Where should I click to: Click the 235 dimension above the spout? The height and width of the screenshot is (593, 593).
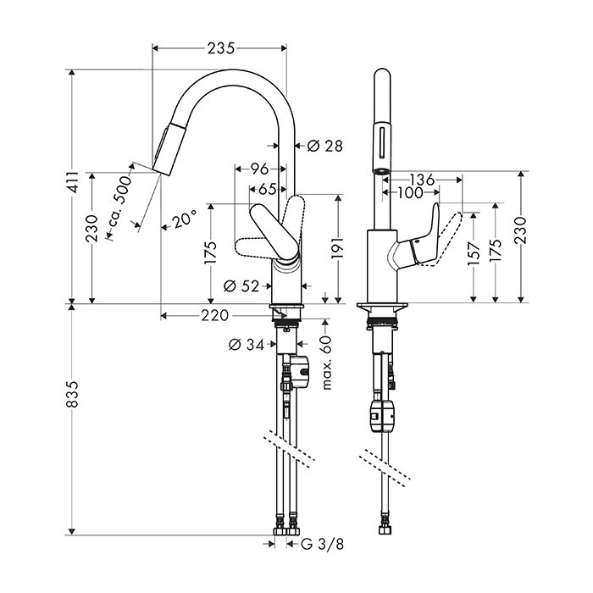coord(219,48)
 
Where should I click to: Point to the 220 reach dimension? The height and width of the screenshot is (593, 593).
coord(215,316)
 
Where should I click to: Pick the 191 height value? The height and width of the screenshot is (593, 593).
coord(337,251)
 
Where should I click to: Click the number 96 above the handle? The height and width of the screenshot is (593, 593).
coord(260,169)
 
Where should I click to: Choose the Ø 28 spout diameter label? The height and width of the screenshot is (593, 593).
coord(321,146)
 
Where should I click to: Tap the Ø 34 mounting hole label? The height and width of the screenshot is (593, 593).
coord(247,344)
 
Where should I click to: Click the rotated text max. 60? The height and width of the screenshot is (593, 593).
coord(325,363)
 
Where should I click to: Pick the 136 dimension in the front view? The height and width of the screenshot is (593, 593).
coord(421,180)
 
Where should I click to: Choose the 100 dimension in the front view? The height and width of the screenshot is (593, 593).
coord(411,193)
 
